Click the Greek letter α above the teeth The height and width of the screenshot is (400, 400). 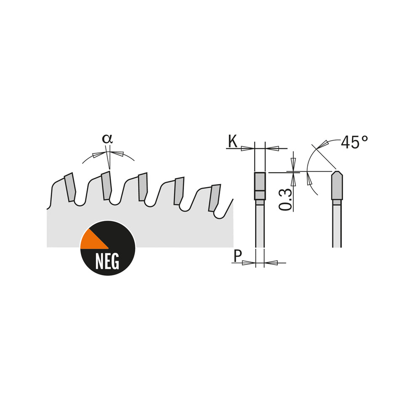(x=107, y=139)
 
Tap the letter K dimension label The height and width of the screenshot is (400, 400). (x=232, y=141)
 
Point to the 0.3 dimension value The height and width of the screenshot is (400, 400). (x=285, y=199)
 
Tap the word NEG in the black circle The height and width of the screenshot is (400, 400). (x=107, y=262)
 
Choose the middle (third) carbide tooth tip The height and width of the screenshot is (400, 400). (x=143, y=187)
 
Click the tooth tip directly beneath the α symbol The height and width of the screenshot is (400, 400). (x=106, y=185)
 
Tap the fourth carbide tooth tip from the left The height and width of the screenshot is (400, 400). (x=179, y=191)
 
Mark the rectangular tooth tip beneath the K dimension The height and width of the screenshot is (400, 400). (x=260, y=186)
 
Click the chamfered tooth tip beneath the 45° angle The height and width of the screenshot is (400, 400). (x=337, y=185)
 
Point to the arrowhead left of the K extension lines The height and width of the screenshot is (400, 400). (x=248, y=148)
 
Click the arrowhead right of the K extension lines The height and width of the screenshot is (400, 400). (x=273, y=148)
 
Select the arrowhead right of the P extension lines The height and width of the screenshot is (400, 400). (x=271, y=263)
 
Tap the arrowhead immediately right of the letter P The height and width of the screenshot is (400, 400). (x=249, y=263)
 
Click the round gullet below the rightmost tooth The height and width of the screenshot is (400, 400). (x=219, y=215)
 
